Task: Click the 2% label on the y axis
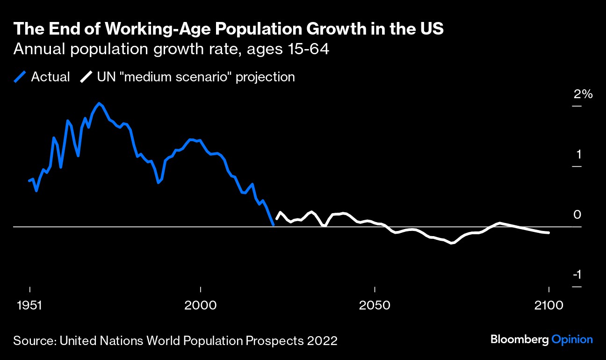pos(583,94)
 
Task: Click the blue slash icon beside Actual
pos(21,77)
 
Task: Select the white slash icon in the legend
pos(86,77)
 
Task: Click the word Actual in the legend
pos(50,77)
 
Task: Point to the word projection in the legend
pos(265,77)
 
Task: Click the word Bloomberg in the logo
pos(519,340)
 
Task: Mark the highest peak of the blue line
pos(99,103)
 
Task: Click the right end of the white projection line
pos(548,232)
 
